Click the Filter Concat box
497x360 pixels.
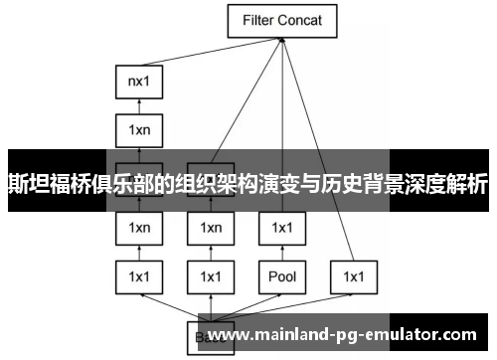pos(282,20)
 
